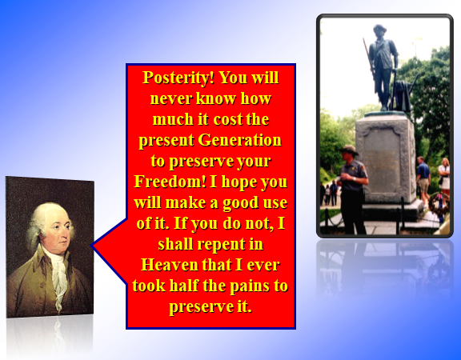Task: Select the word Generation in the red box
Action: tap(239, 140)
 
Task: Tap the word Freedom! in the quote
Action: tap(170, 182)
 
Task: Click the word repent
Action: tap(221, 245)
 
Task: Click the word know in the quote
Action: tap(216, 98)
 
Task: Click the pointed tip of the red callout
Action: tap(92, 246)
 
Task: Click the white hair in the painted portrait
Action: tap(47, 220)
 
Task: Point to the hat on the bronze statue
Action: tap(379, 29)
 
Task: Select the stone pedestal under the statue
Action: tap(386, 158)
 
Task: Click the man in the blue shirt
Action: tap(423, 178)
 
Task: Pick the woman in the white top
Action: tap(444, 175)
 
